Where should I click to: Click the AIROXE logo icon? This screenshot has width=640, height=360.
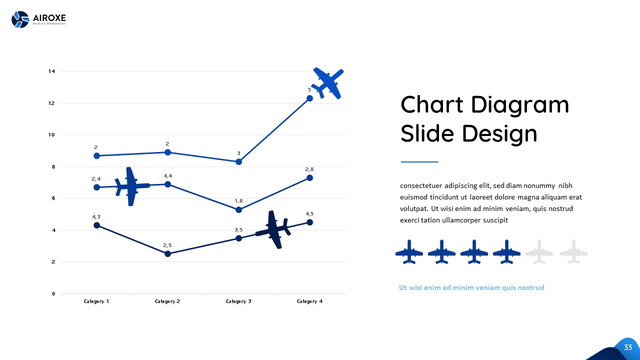(x=20, y=19)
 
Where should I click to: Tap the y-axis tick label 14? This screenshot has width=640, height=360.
(x=51, y=71)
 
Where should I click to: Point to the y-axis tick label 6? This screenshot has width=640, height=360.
(x=53, y=198)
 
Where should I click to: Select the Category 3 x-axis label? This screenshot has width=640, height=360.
(x=238, y=301)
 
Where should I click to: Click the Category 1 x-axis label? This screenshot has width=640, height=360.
(x=96, y=301)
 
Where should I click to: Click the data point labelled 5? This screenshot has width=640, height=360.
(x=309, y=98)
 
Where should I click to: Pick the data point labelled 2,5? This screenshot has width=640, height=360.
(x=167, y=254)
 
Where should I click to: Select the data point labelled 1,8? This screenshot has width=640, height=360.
(x=238, y=209)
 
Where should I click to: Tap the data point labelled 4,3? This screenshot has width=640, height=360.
(x=96, y=225)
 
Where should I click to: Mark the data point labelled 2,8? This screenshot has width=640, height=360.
(x=309, y=177)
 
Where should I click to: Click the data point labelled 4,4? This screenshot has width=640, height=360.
(x=167, y=184)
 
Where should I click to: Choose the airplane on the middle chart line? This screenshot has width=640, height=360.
(x=131, y=186)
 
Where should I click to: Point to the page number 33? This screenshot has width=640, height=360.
(x=628, y=347)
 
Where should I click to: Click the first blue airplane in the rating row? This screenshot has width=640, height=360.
(x=409, y=251)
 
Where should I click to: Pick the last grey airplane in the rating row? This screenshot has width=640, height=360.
(x=573, y=251)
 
